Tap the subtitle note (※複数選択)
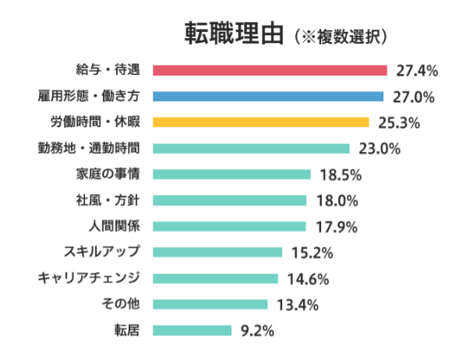tap(342, 36)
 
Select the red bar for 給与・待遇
tap(270, 70)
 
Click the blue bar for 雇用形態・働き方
tap(268, 97)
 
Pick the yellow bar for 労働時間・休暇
tap(260, 122)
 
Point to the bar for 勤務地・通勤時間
tap(251, 148)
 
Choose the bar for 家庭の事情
tap(231, 175)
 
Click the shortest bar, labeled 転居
tap(192, 330)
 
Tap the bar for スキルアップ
tap(217, 252)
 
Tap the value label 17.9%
tap(335, 227)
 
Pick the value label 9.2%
tap(258, 330)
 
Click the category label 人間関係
tap(115, 227)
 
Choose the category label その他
tap(121, 304)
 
